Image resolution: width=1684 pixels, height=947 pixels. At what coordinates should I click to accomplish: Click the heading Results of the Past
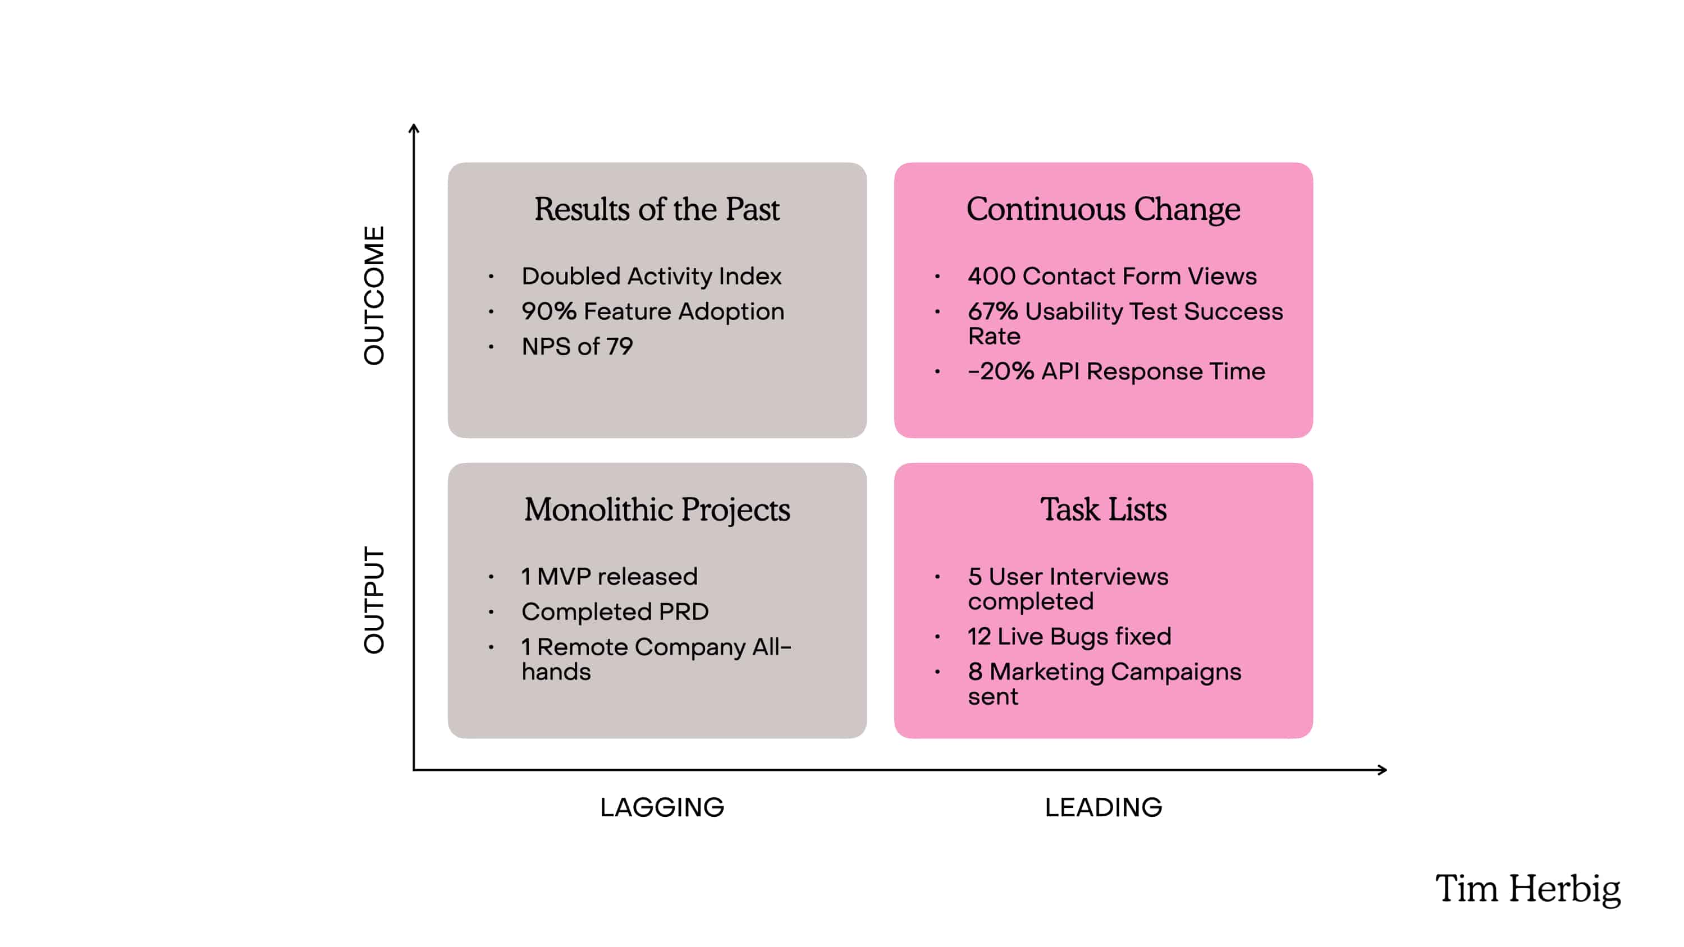pos(656,210)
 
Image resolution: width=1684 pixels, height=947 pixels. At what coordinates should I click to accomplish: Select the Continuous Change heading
pos(1103,210)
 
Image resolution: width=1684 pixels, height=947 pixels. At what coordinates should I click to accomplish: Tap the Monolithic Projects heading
pos(656,510)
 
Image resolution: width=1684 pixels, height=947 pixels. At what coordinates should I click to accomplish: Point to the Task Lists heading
pos(1103,510)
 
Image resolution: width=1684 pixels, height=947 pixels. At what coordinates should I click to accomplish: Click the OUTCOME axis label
pos(374,296)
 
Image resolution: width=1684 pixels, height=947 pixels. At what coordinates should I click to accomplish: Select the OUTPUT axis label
pos(374,600)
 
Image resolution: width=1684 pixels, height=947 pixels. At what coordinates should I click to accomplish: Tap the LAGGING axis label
pos(662,808)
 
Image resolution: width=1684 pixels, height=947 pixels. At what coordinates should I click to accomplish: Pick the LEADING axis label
pos(1103,808)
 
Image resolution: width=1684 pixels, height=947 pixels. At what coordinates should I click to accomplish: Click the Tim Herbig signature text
pos(1528,889)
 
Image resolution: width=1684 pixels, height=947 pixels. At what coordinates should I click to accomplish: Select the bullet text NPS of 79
pos(576,346)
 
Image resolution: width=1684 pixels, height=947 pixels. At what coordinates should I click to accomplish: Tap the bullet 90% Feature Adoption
pos(652,312)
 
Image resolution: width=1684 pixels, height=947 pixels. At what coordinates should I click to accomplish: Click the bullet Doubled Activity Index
pos(651,277)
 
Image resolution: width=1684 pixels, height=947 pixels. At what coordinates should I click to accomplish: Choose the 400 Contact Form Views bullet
pos(1112,277)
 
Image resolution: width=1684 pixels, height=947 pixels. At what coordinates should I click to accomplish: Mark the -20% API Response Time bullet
pos(1116,372)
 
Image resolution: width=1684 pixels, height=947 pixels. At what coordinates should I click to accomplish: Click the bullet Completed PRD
pos(615,612)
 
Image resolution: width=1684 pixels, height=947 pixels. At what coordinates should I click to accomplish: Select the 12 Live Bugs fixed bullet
pos(1069,637)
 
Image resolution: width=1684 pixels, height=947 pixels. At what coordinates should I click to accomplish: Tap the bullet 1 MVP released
pos(609,576)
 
